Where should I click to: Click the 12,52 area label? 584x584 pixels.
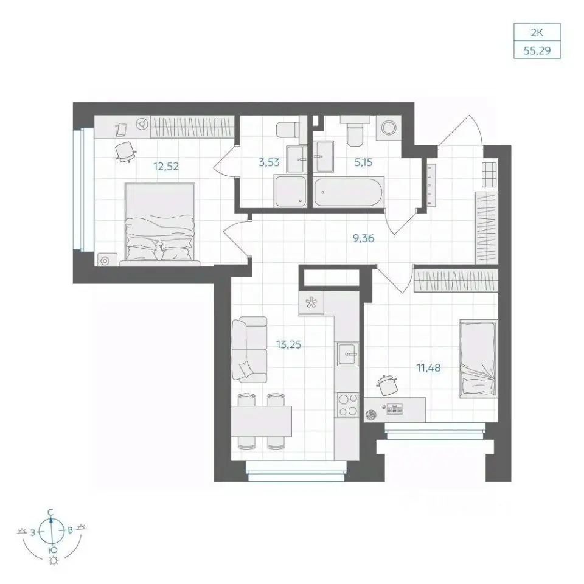[x=166, y=166]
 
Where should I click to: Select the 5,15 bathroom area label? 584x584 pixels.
[x=363, y=162]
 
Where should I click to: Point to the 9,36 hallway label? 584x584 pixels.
[x=364, y=238]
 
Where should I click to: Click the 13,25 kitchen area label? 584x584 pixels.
[x=288, y=344]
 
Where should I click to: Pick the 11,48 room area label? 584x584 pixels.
[x=428, y=368]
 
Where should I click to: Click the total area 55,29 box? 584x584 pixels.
[x=537, y=50]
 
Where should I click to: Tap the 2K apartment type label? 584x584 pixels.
[x=537, y=33]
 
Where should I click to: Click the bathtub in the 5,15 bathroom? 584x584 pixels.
[x=348, y=192]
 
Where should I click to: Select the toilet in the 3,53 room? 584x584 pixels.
[x=287, y=130]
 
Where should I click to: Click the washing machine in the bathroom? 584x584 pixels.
[x=389, y=128]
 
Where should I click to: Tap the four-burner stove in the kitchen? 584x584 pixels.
[x=347, y=405]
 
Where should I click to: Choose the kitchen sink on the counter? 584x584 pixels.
[x=347, y=354]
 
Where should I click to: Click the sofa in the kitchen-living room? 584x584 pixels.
[x=249, y=349]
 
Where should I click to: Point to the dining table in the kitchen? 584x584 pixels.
[x=262, y=421]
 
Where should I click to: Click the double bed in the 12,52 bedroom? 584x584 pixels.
[x=160, y=224]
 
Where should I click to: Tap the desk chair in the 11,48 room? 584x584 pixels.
[x=387, y=384]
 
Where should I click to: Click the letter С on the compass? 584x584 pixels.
[x=51, y=513]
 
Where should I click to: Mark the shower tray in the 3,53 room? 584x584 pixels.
[x=291, y=192]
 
